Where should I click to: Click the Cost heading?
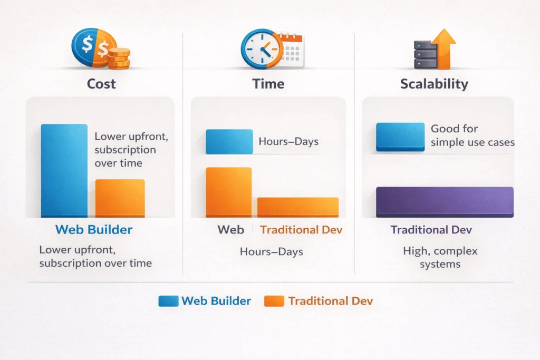[x=102, y=84]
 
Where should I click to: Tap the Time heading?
[x=268, y=84]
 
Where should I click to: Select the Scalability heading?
[x=434, y=84]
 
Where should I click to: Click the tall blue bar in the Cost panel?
[x=64, y=170]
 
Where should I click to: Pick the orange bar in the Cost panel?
[x=120, y=198]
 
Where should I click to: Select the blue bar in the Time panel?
[x=229, y=141]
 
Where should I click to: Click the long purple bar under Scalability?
[x=445, y=202]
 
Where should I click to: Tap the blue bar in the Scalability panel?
[x=400, y=137]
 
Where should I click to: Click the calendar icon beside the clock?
[x=291, y=51]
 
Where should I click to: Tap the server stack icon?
[x=425, y=55]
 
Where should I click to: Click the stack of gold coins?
[x=119, y=58]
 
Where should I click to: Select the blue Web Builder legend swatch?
[x=168, y=301]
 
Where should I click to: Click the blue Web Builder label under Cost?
[x=94, y=229]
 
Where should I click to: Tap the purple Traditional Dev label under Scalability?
[x=431, y=230]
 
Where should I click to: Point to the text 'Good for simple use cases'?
[x=472, y=135]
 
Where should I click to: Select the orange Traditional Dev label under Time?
[x=301, y=230]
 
